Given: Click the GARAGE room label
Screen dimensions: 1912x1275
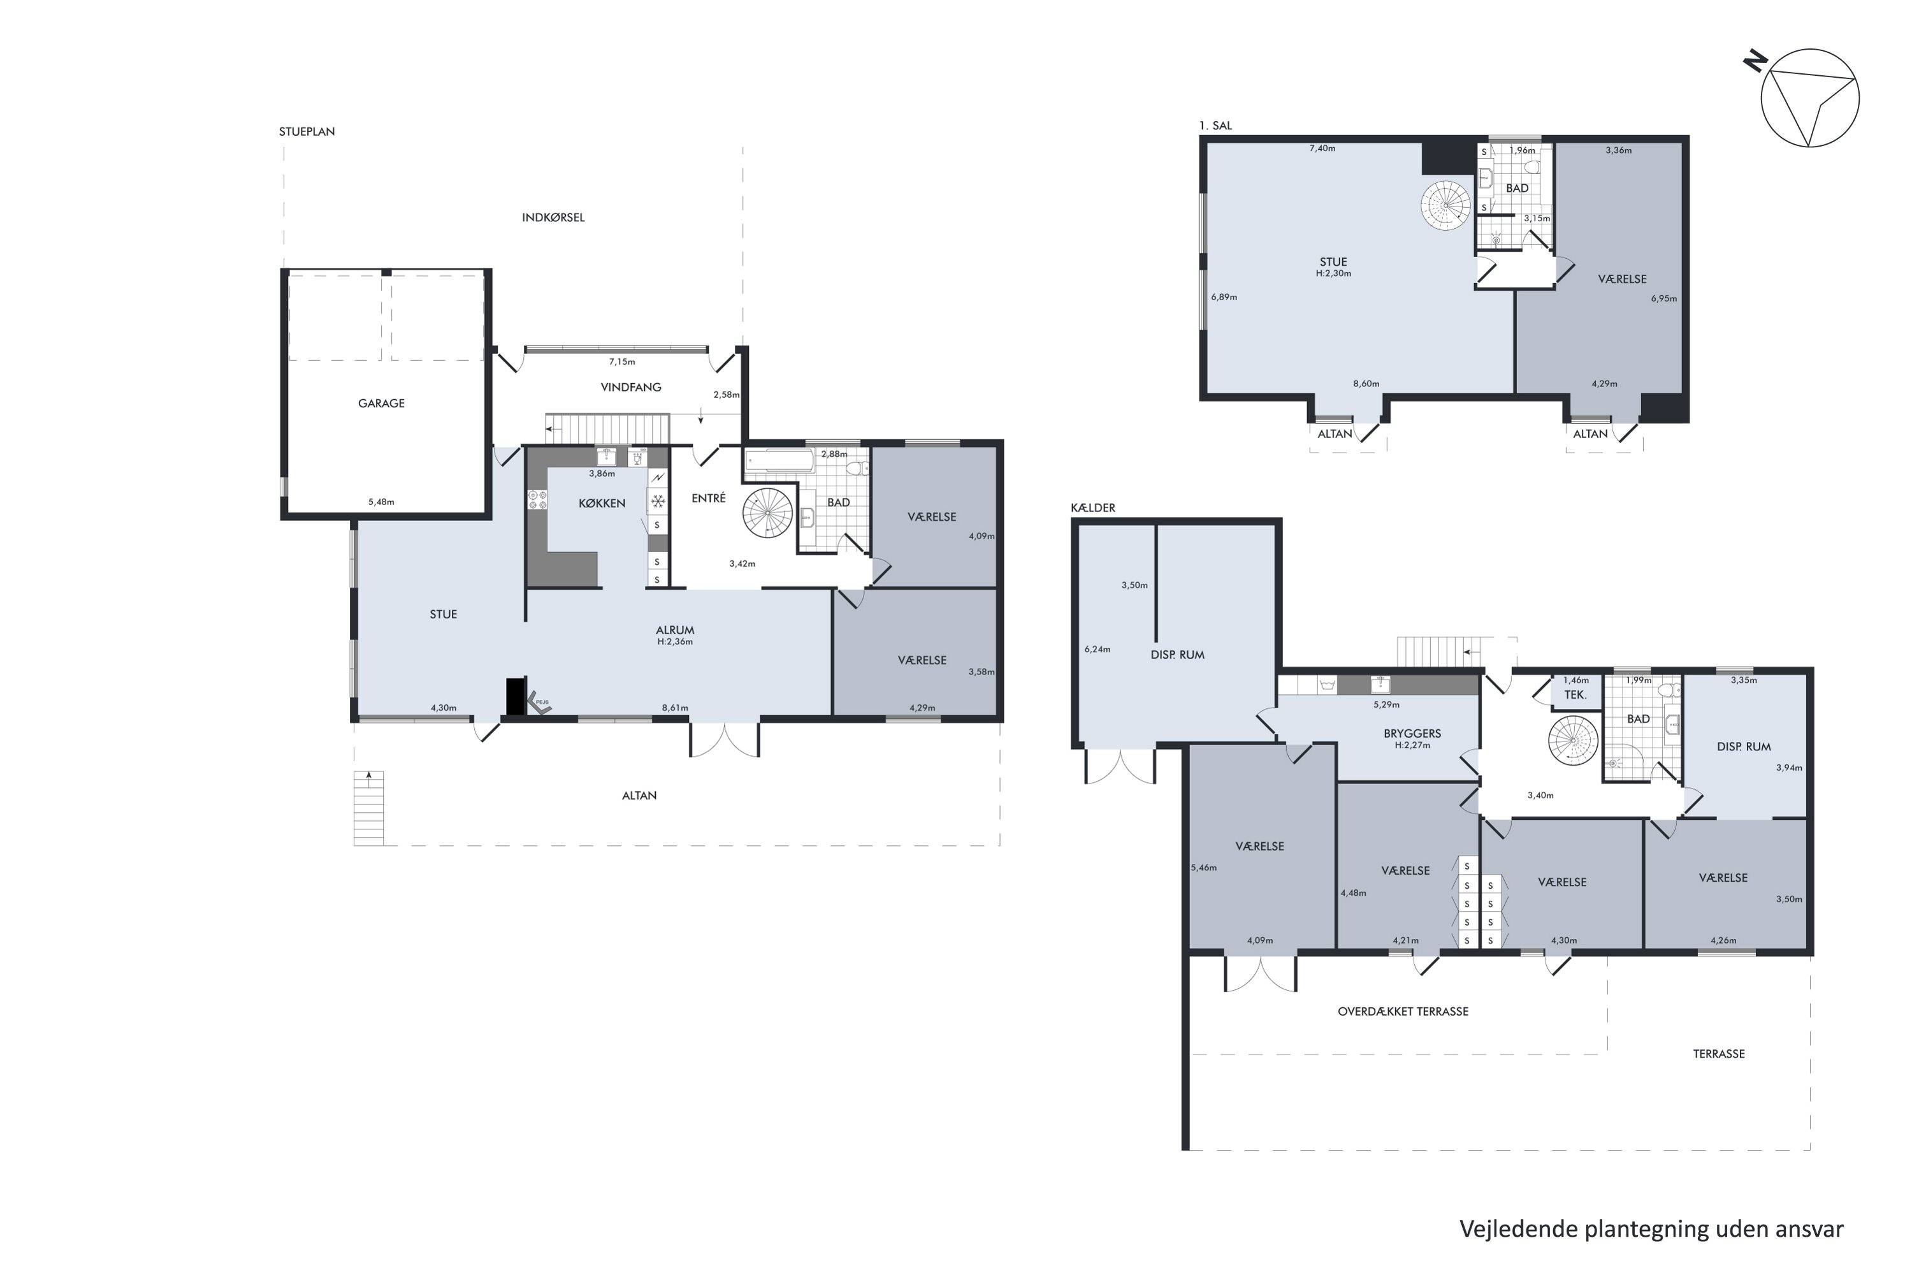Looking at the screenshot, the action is (x=381, y=404).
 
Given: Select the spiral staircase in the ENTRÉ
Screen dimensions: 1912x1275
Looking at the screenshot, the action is (x=767, y=513).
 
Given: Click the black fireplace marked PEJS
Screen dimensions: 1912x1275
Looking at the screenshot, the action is (x=516, y=697).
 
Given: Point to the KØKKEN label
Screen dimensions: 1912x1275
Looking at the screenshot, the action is (x=602, y=504).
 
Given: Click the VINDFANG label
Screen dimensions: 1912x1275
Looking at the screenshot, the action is (x=631, y=387).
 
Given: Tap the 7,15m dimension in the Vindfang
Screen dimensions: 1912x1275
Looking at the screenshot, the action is (x=622, y=362).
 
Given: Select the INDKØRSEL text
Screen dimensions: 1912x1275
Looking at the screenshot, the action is (x=553, y=217).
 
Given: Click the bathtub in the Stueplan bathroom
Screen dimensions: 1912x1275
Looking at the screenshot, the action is (x=779, y=461).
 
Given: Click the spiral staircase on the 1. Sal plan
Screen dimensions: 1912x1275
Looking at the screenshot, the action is (x=1445, y=204).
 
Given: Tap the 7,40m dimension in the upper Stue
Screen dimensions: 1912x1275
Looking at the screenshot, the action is (x=1322, y=149).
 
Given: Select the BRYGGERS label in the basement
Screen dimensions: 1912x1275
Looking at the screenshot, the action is (x=1412, y=734).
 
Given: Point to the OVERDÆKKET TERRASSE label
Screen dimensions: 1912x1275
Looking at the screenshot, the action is (x=1403, y=1012).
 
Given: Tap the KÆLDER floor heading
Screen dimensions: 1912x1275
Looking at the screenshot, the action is (x=1092, y=507).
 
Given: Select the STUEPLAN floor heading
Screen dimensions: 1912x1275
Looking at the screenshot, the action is (x=307, y=131).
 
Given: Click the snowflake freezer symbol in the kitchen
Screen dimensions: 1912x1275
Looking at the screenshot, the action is (x=658, y=501).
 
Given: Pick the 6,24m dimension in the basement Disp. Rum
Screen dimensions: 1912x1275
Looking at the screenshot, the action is (x=1097, y=650).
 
